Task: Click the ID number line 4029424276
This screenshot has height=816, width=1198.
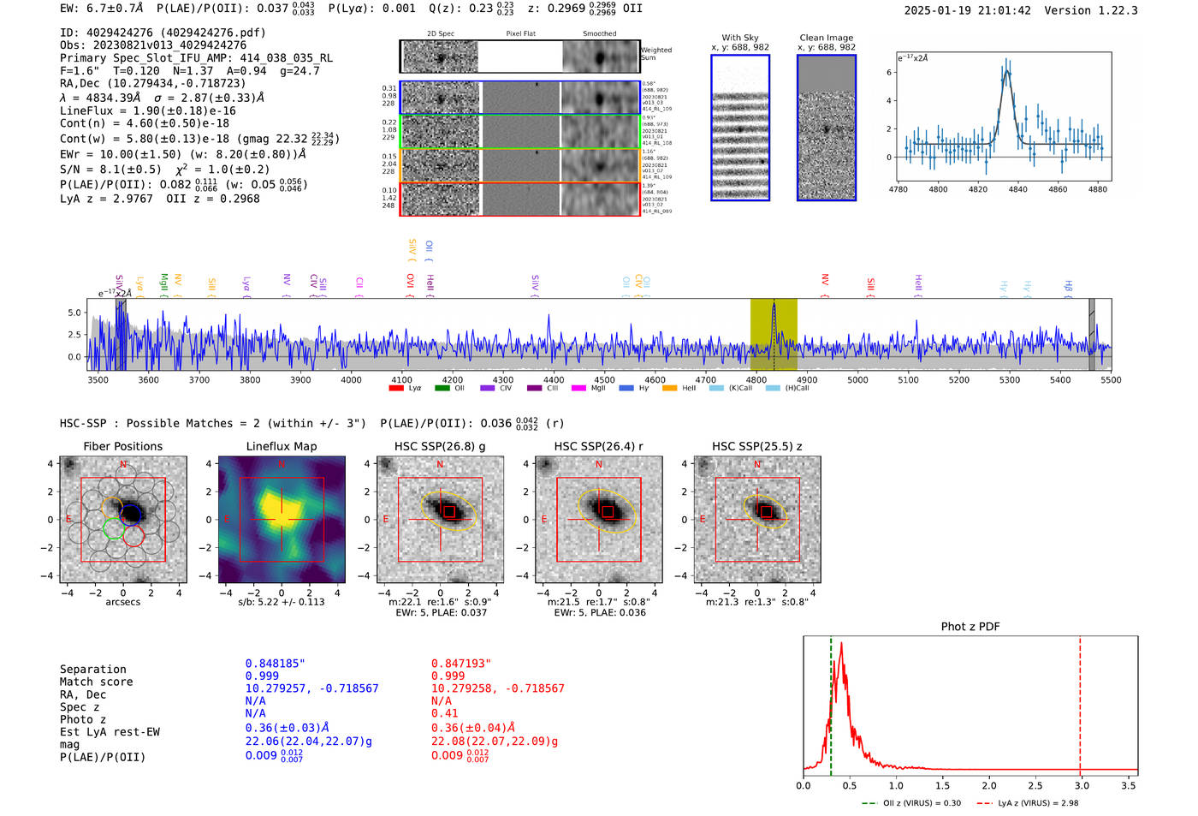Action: coord(163,33)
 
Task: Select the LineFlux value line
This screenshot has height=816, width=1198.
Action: coord(148,110)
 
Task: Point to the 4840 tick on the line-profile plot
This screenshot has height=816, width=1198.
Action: coord(1017,189)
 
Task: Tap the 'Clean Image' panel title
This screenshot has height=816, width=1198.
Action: coord(826,38)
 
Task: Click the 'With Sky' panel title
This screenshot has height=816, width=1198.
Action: coord(739,38)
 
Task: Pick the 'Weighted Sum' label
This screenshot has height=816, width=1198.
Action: coord(656,54)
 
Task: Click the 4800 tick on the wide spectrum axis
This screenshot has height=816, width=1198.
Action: coord(756,380)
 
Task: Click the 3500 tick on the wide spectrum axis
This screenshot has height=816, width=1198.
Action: coord(98,380)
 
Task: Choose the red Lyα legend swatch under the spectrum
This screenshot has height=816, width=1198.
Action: coord(396,389)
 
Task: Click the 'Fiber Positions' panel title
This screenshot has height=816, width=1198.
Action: coord(122,446)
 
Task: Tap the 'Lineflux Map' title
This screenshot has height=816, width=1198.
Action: coord(281,446)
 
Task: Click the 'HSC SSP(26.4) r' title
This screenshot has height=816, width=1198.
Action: coord(598,446)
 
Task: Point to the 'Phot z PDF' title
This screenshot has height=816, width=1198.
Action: coord(970,626)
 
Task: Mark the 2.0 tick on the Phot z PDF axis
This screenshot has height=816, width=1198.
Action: coord(989,785)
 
